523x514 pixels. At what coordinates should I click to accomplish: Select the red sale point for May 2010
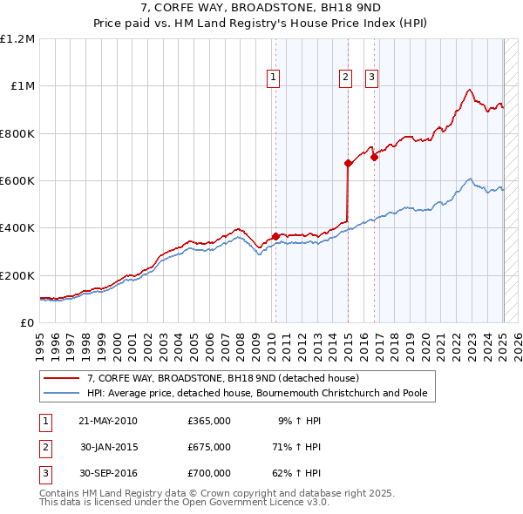(x=275, y=236)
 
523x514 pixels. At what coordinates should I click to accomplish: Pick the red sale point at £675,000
(x=348, y=163)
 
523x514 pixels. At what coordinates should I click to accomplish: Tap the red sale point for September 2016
(x=374, y=158)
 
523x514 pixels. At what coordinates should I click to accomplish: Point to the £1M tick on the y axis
(x=22, y=86)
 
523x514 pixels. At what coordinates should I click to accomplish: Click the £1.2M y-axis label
(x=17, y=39)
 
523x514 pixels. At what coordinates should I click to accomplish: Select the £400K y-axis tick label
(x=17, y=228)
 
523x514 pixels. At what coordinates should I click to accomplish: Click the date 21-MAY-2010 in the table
(x=108, y=421)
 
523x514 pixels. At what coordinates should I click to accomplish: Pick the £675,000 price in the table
(x=209, y=447)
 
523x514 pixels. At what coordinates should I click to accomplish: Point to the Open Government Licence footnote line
(x=184, y=502)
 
